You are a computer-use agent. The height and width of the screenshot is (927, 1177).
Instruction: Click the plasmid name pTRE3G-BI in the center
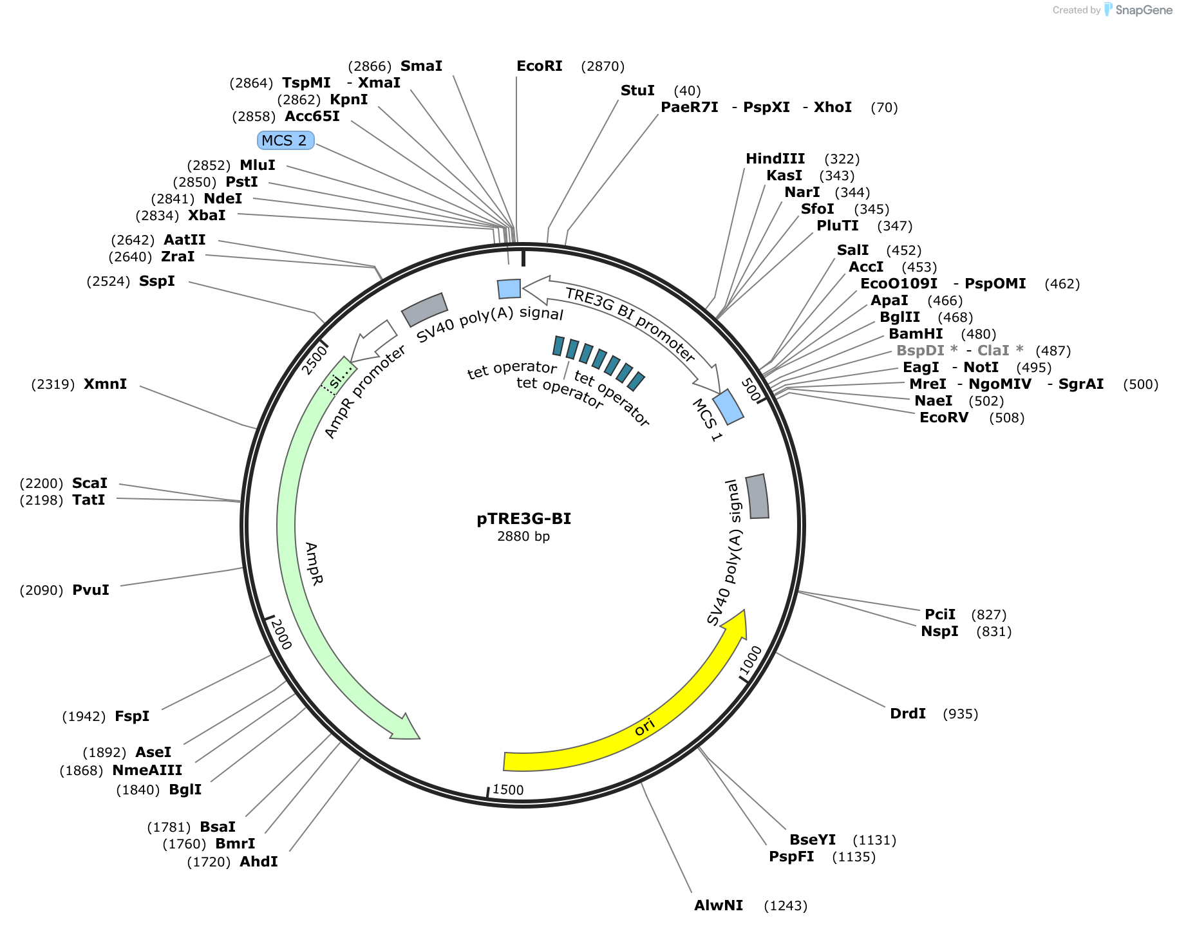tap(523, 519)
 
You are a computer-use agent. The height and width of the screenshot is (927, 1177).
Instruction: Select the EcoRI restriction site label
tap(540, 66)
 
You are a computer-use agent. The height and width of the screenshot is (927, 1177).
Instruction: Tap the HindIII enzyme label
tap(775, 159)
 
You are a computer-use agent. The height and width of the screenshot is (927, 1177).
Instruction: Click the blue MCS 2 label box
tap(285, 140)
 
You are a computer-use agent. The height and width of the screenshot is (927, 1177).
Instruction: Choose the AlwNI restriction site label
tap(719, 906)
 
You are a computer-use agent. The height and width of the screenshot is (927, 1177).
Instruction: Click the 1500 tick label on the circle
tap(508, 790)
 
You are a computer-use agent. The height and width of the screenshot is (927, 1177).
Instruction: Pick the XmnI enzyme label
tap(106, 384)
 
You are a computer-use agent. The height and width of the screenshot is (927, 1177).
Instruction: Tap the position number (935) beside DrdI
tap(960, 714)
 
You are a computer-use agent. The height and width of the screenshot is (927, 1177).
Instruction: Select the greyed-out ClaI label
tap(993, 351)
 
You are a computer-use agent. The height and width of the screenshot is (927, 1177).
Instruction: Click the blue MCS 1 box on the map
tap(728, 407)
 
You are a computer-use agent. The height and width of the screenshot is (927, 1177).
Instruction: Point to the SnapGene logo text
tap(1144, 10)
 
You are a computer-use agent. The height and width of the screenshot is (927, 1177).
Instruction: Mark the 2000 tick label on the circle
tap(281, 634)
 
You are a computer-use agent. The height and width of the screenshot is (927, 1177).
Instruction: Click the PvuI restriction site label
tap(91, 590)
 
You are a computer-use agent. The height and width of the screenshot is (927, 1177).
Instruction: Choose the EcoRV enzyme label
tap(944, 418)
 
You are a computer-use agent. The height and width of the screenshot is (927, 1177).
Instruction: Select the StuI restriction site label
tap(637, 91)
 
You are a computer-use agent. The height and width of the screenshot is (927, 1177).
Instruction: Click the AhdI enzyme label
tap(259, 862)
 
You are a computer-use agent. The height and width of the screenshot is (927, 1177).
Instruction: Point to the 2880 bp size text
tap(523, 536)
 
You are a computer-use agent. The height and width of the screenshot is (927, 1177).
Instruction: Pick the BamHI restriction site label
tap(916, 334)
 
